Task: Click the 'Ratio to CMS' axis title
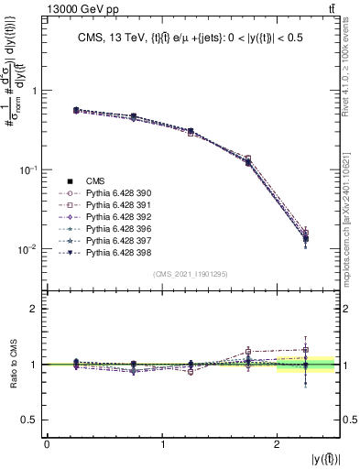point(13,365)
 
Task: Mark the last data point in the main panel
point(305,238)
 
